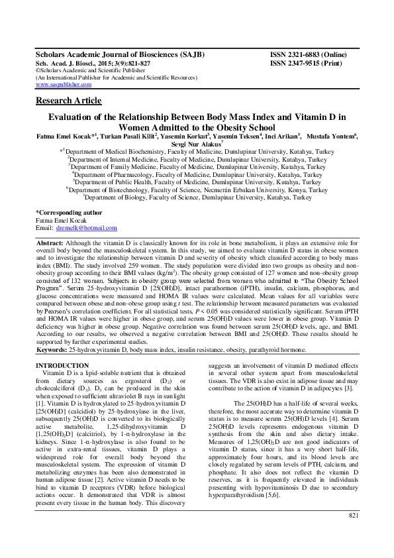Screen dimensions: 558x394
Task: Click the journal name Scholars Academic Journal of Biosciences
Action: click(119, 54)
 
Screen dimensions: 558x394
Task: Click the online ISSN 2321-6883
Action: click(309, 54)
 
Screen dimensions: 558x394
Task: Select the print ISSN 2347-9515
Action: click(307, 62)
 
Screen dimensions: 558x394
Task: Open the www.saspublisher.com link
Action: click(64, 85)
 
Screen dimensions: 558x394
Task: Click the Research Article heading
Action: click(68, 101)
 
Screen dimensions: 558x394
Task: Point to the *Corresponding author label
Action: click(69, 213)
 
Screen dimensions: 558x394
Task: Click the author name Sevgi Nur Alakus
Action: click(197, 143)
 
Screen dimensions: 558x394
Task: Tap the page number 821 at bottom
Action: click(354, 533)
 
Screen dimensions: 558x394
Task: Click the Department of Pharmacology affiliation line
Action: click(197, 174)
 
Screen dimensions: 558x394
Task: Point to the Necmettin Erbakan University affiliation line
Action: click(197, 190)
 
